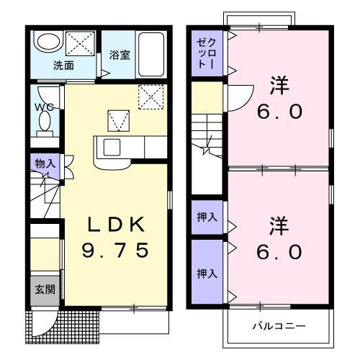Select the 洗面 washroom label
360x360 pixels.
tap(63, 65)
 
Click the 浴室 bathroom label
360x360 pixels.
tap(119, 55)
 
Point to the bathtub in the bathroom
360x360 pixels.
tap(150, 53)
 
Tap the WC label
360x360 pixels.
tap(40, 109)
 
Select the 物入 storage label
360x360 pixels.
tap(45, 163)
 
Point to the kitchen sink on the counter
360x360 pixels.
tap(112, 148)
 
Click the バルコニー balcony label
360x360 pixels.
tap(278, 325)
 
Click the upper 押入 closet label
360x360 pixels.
tap(205, 217)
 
